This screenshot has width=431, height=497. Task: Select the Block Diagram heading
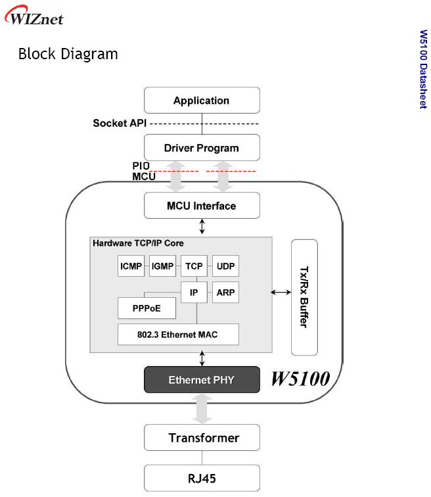68,54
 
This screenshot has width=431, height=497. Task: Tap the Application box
202,101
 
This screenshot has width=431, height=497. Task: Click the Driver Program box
202,148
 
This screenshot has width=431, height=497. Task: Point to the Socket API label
120,123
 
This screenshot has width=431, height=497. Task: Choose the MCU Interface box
202,206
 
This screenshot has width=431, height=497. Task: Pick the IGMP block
163,267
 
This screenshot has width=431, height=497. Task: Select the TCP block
194,267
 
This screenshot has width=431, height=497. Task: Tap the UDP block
225,267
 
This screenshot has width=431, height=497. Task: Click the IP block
194,292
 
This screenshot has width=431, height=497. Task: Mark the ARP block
225,292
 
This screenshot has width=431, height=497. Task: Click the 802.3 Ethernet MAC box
177,335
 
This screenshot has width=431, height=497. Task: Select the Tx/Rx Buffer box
304,296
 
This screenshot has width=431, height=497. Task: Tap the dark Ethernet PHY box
202,380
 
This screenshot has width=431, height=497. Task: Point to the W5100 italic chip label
301,379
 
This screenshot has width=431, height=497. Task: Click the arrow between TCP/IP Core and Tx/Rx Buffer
281,292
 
